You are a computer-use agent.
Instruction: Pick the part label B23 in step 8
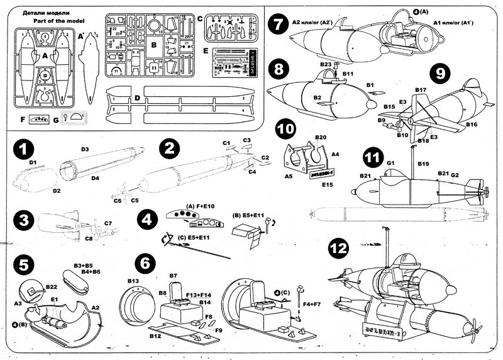coord(326,64)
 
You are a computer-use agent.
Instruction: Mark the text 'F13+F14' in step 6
coord(199,293)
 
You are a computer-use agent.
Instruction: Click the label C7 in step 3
coord(108,223)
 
